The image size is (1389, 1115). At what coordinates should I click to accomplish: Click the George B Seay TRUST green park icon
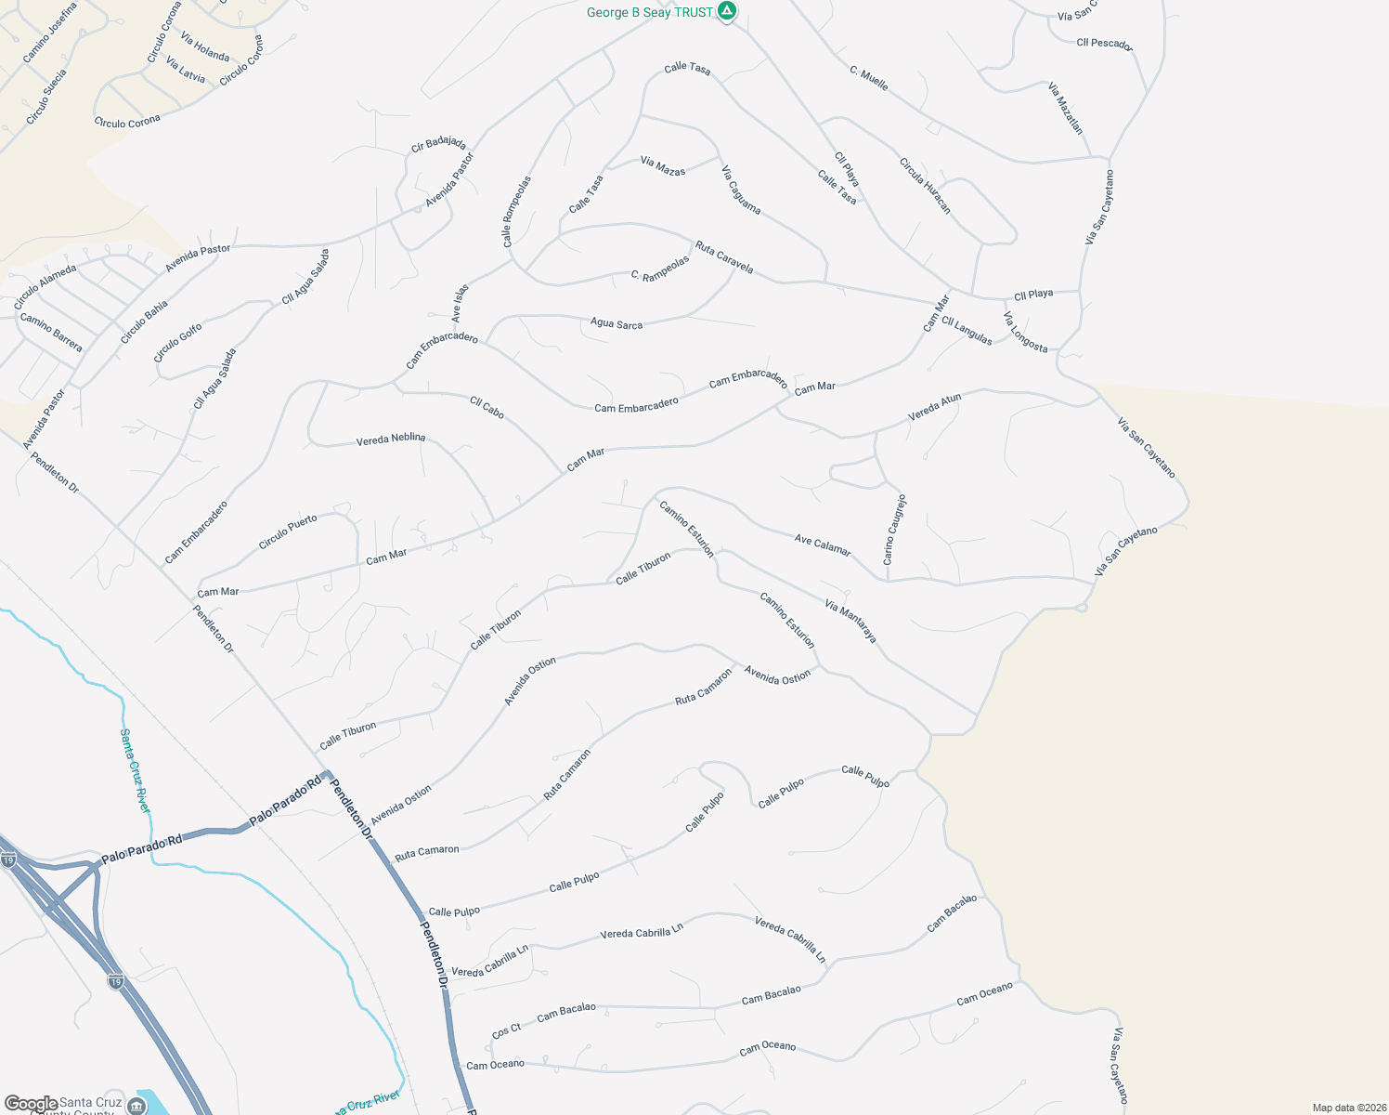coord(728,12)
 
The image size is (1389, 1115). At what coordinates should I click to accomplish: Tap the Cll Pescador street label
coord(1104,43)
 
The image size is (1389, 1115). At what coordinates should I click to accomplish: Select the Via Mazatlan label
coord(1065,109)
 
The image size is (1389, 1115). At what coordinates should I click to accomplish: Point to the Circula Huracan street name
coord(925,185)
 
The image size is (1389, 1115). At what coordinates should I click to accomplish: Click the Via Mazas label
coord(663,166)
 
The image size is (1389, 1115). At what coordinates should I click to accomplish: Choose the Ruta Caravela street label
coord(724,257)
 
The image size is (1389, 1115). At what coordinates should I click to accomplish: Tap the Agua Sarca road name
coord(617,324)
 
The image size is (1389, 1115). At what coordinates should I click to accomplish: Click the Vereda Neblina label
coord(391,439)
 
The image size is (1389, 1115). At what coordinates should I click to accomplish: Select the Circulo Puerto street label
coord(288,531)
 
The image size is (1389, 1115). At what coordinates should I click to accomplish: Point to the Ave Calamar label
coord(823,544)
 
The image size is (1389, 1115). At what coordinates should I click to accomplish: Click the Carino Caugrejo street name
coord(894,530)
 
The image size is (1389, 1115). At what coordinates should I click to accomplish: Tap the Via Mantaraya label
coord(850,621)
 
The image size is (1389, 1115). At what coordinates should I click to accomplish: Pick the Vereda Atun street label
coord(934,407)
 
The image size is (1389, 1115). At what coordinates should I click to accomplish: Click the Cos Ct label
coord(507,1030)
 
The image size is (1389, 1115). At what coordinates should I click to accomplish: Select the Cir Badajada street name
coord(438,144)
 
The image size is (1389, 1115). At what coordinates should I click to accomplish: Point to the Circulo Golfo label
coord(177,343)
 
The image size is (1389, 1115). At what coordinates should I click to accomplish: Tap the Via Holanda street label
coord(205,47)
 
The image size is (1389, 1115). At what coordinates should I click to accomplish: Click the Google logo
coord(31,1104)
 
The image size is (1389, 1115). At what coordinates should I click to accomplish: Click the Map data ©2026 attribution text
coord(1349,1108)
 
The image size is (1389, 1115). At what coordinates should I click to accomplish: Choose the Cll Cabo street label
coord(487,407)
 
